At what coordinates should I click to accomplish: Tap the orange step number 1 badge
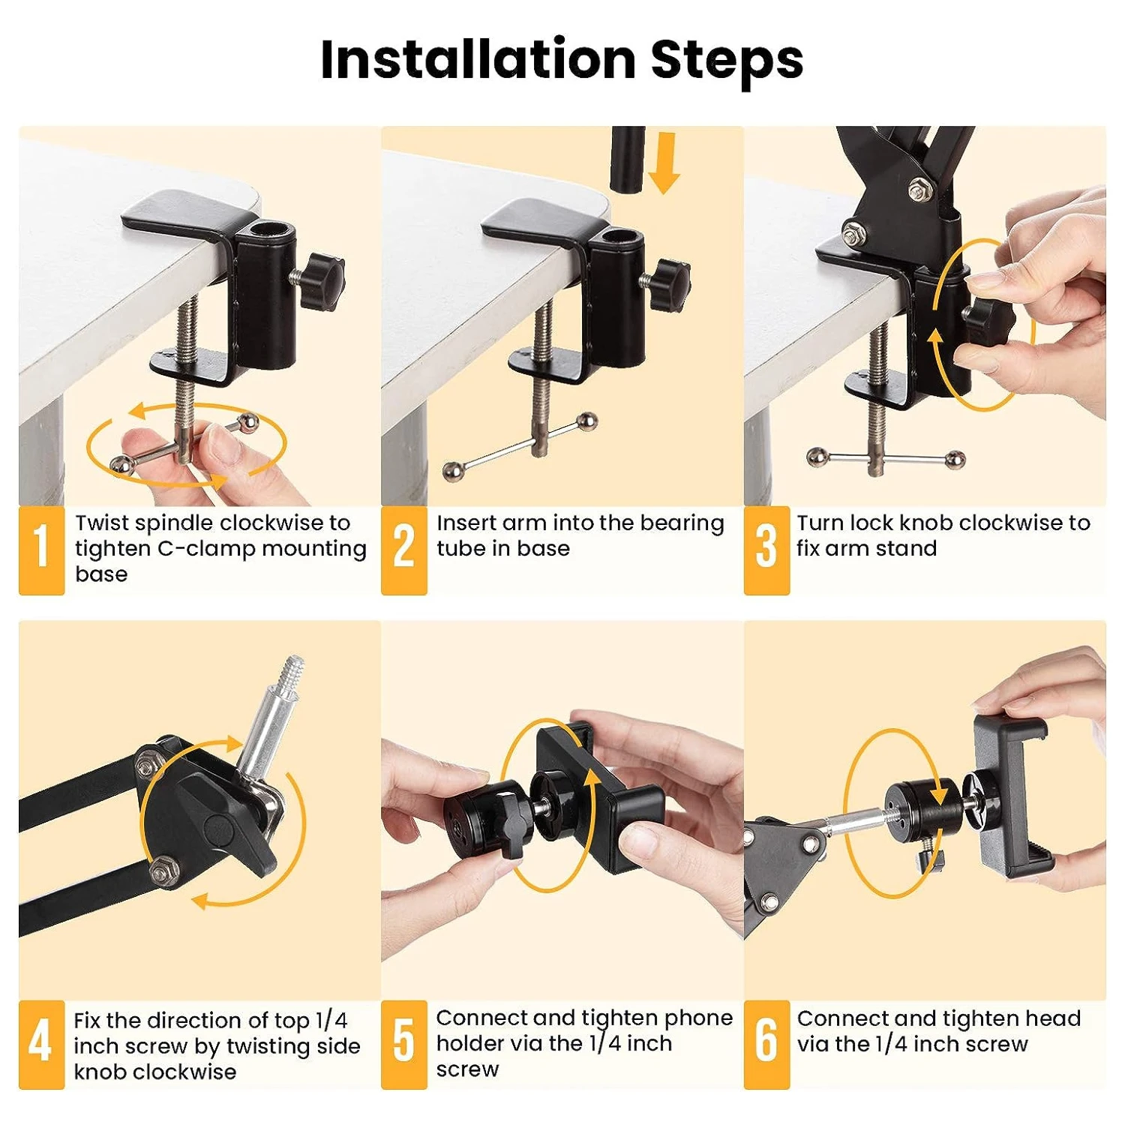pos(41,550)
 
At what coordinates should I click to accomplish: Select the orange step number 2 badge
pos(403,550)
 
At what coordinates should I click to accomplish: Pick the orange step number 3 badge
pos(766,550)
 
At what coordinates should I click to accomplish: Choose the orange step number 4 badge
pos(41,1044)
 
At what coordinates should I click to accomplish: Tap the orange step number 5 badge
pos(403,1044)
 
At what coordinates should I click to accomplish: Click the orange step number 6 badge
pos(766,1044)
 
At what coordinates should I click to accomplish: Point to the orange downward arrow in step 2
pos(664,163)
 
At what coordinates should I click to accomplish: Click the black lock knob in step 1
pos(324,281)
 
